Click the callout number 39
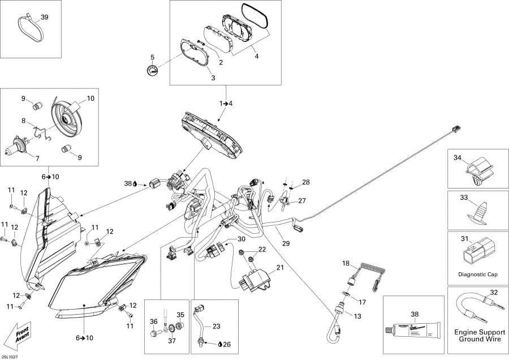[x=44, y=18]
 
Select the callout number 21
[x=279, y=268]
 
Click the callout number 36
[x=153, y=322]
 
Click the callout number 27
[x=302, y=200]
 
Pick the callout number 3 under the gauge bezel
[x=213, y=77]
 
